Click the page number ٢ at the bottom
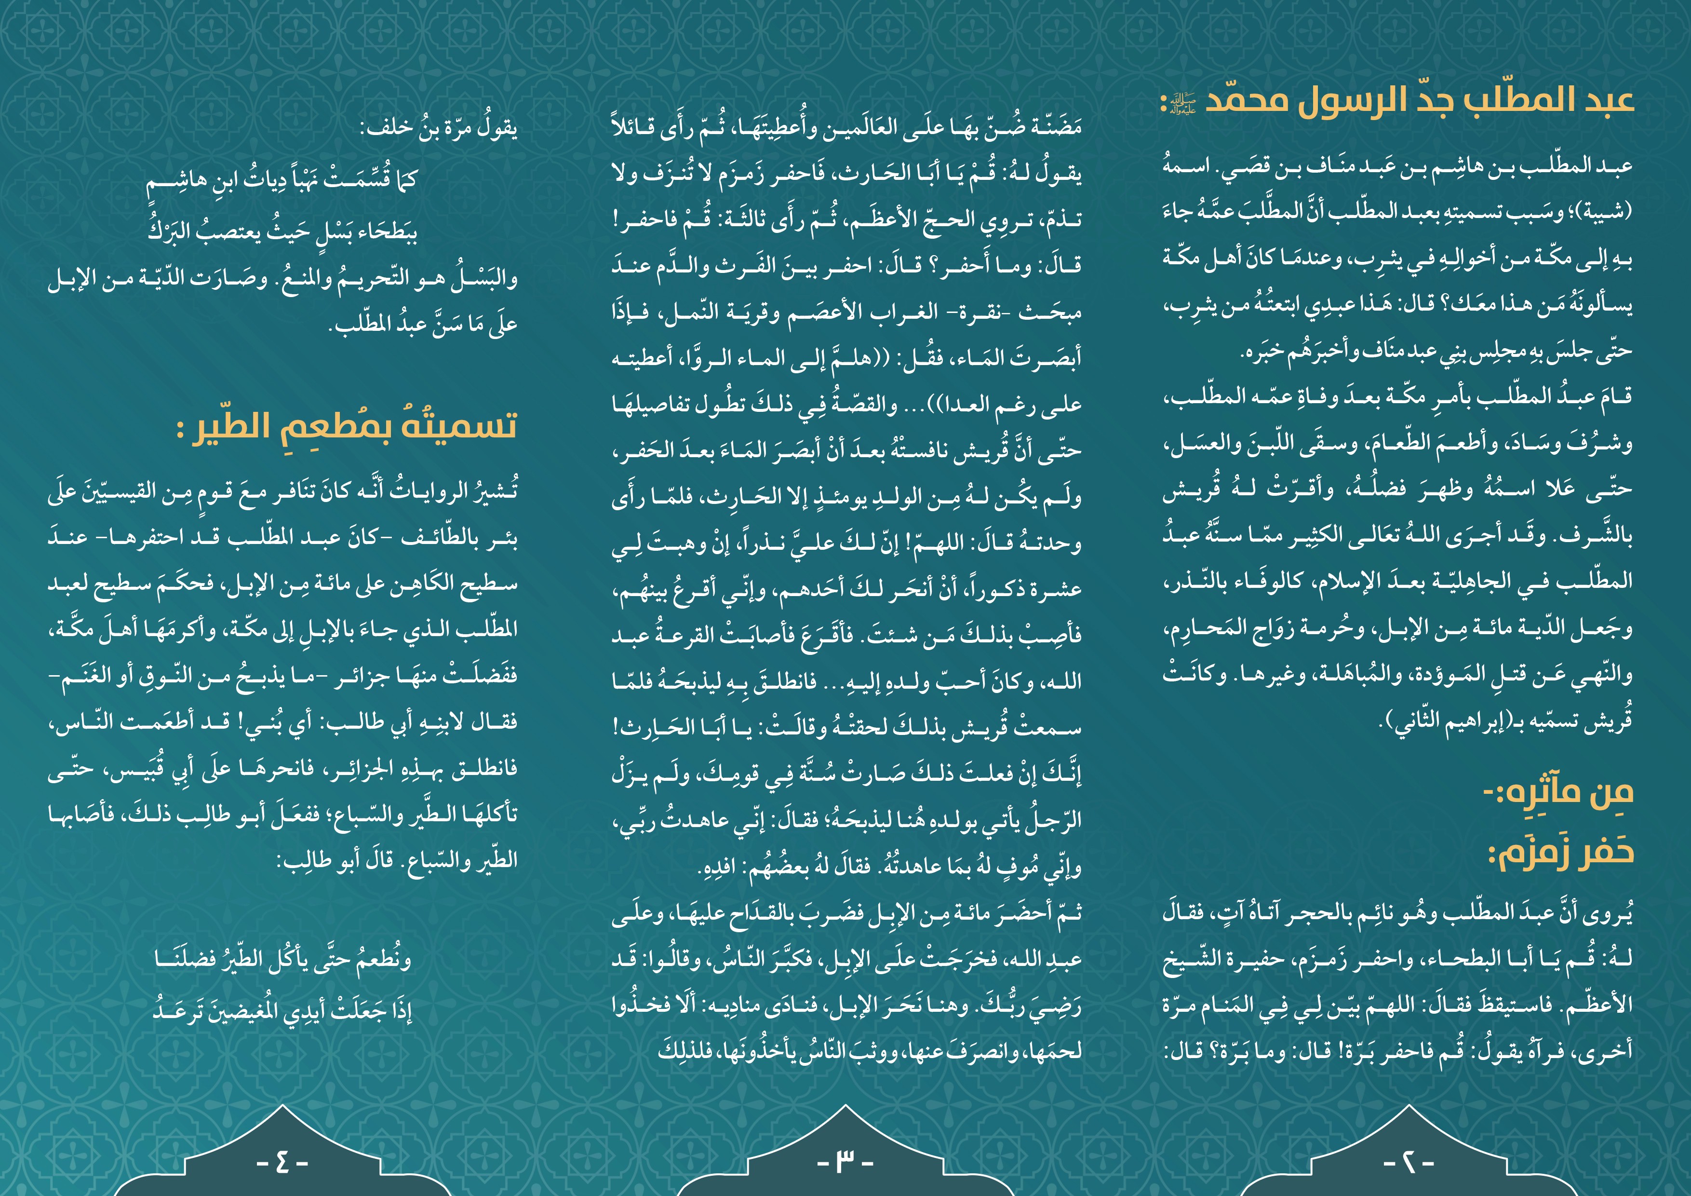(1408, 1162)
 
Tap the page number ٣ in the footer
(845, 1162)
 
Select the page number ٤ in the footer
(282, 1162)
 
